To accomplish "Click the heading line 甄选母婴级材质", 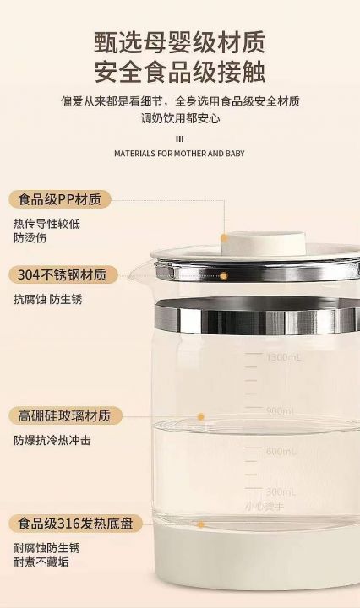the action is click(x=180, y=42).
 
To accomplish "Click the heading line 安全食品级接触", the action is click(x=180, y=72).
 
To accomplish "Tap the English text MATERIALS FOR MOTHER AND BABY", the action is click(x=179, y=154).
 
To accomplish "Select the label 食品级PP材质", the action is click(x=59, y=199).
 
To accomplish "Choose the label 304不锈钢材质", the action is click(x=63, y=275).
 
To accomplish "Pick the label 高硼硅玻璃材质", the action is click(x=65, y=415).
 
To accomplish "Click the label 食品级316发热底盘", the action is click(x=76, y=524).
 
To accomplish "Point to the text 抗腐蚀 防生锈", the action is click(x=47, y=299).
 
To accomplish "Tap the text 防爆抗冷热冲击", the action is click(x=52, y=441).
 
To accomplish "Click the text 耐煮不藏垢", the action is click(x=41, y=562).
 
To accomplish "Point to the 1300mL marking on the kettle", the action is click(x=284, y=357).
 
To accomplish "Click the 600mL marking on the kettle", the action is click(x=281, y=451).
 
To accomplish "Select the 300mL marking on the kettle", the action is click(x=281, y=492).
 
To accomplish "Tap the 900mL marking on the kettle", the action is click(x=281, y=411).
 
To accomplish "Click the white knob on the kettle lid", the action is click(x=264, y=243).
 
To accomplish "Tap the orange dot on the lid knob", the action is click(x=225, y=238).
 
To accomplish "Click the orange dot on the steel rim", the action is click(x=224, y=276).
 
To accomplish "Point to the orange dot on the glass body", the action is click(x=201, y=417).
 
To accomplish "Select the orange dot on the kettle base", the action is click(x=201, y=524).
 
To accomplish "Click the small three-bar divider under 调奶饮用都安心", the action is click(x=180, y=139).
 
